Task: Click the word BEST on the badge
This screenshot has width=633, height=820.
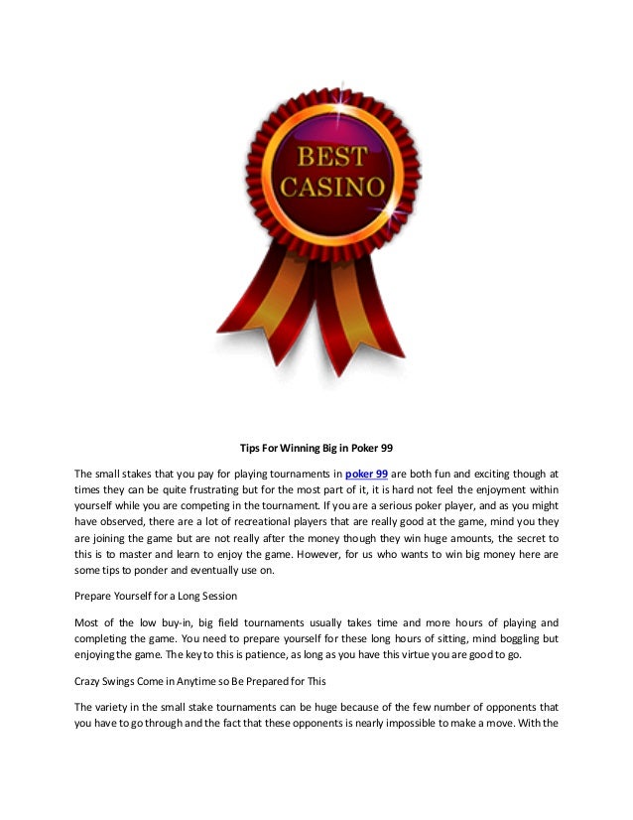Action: click(316, 157)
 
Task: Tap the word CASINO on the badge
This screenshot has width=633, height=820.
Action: click(317, 186)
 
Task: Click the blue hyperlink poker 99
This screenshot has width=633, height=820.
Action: click(366, 473)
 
